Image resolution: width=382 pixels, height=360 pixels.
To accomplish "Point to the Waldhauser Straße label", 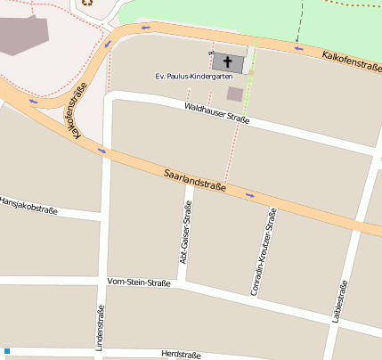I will pyautogui.click(x=216, y=113).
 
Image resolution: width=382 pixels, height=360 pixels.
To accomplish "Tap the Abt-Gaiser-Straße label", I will pyautogui.click(x=186, y=237).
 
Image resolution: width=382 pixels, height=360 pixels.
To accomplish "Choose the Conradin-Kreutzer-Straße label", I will pyautogui.click(x=263, y=252).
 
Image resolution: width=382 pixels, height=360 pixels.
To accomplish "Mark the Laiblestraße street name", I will pyautogui.click(x=338, y=302).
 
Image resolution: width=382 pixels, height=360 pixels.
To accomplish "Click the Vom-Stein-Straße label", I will pyautogui.click(x=138, y=282).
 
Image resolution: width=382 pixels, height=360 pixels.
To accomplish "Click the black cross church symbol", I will pyautogui.click(x=229, y=62).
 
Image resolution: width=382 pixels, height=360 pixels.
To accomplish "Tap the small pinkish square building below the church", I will pyautogui.click(x=235, y=94).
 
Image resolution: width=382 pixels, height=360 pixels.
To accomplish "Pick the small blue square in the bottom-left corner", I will pyautogui.click(x=6, y=352).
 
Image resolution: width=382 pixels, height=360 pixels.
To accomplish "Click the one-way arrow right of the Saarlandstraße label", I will pyautogui.click(x=250, y=195).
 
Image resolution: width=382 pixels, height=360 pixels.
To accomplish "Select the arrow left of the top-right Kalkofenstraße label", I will pyautogui.click(x=298, y=48).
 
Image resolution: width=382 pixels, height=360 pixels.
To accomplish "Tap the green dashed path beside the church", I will pyautogui.click(x=252, y=67).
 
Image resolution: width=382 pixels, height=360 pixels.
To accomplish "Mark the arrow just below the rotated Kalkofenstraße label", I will pyautogui.click(x=102, y=150).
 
